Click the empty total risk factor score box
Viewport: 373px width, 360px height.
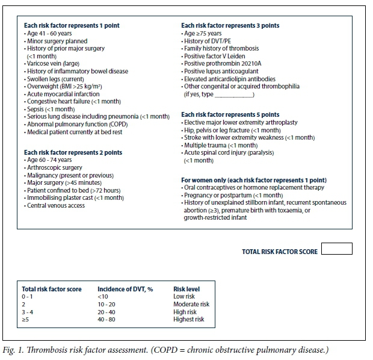[336, 249]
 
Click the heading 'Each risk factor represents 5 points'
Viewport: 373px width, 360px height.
[230, 114]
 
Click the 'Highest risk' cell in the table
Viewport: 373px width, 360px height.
[188, 319]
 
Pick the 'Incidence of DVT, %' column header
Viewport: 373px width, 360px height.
[125, 289]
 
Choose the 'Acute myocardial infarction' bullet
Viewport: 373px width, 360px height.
[64, 94]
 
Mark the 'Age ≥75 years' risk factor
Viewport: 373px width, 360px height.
[205, 33]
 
